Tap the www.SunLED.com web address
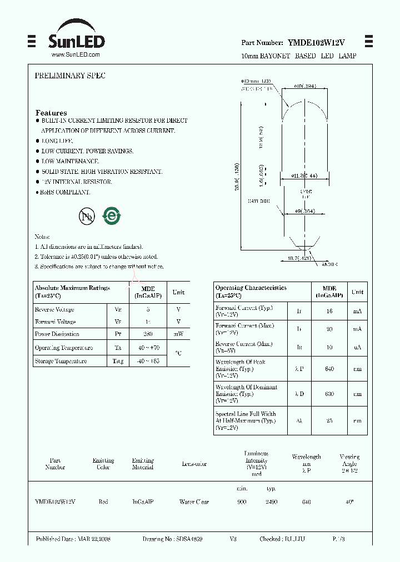(76, 54)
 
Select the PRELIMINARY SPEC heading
(70, 76)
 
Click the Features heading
(51, 113)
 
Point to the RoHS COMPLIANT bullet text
(66, 192)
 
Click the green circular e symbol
(112, 215)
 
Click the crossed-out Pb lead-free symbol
(87, 216)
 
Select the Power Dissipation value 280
(148, 334)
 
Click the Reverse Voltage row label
(54, 310)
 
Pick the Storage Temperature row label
(61, 361)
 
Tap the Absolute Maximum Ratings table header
(72, 292)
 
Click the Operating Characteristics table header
(251, 292)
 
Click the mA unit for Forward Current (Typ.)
(357, 312)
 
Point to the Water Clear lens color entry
(194, 502)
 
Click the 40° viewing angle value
(349, 502)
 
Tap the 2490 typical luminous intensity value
(271, 502)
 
